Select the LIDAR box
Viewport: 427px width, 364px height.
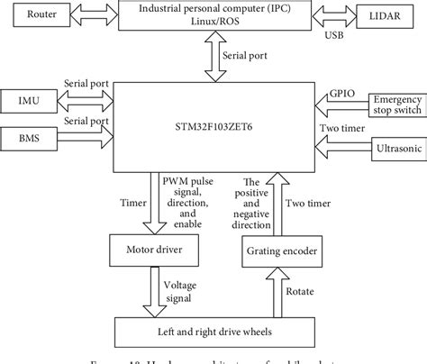point(387,15)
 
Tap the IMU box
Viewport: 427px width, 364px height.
point(29,98)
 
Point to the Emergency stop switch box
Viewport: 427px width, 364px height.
point(396,107)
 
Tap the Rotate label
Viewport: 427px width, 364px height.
point(301,291)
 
